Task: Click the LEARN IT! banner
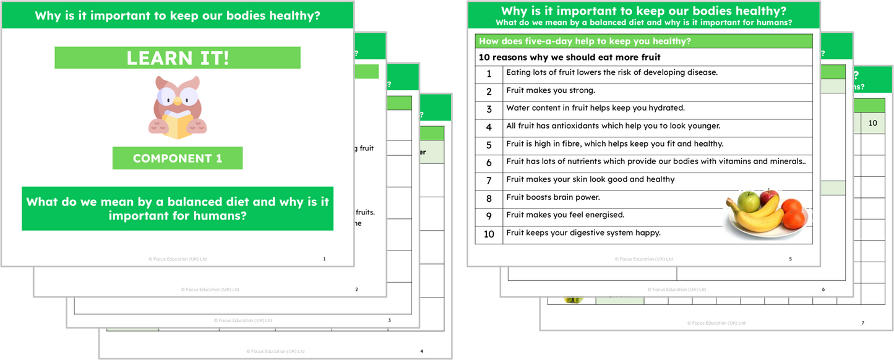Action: click(x=178, y=58)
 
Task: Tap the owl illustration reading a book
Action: click(x=178, y=106)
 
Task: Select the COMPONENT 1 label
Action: click(x=178, y=158)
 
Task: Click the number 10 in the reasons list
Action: click(x=489, y=234)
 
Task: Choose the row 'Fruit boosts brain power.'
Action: click(x=544, y=197)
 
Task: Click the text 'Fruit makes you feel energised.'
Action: click(x=565, y=215)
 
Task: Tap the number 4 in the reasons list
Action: click(x=489, y=127)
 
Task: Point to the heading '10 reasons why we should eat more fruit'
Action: click(x=570, y=58)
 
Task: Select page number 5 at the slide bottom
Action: click(x=790, y=259)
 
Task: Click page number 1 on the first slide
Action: click(x=324, y=259)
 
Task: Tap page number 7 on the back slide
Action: click(x=862, y=322)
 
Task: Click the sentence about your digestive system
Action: click(x=583, y=233)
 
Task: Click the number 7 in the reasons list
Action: click(x=489, y=180)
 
